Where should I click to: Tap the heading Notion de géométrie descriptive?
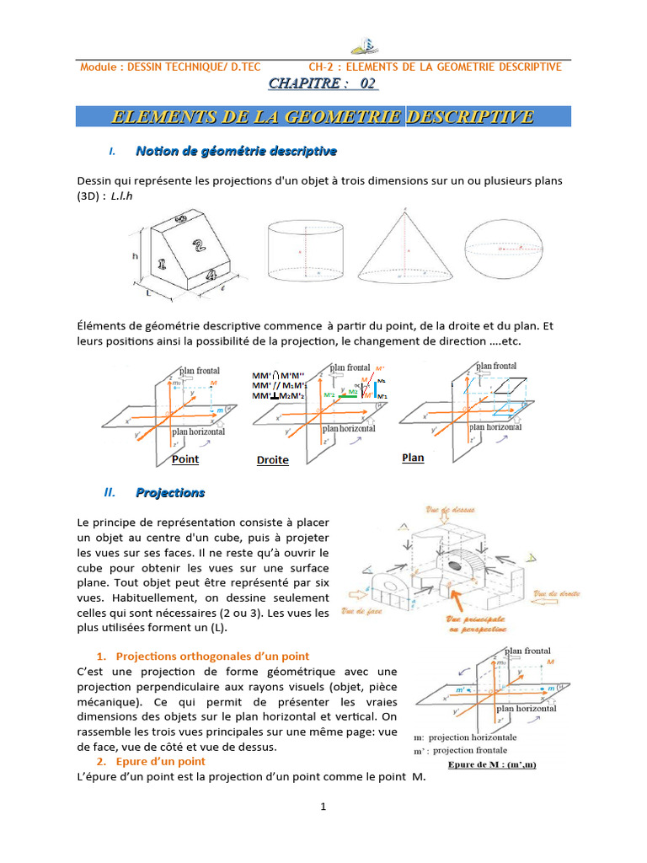236,151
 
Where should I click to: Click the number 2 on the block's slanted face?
198,247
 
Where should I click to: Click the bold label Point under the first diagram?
185,459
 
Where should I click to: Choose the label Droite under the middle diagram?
272,460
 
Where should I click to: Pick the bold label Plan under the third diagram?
413,458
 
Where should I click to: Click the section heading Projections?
170,492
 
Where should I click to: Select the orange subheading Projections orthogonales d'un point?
212,656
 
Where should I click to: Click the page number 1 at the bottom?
323,807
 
